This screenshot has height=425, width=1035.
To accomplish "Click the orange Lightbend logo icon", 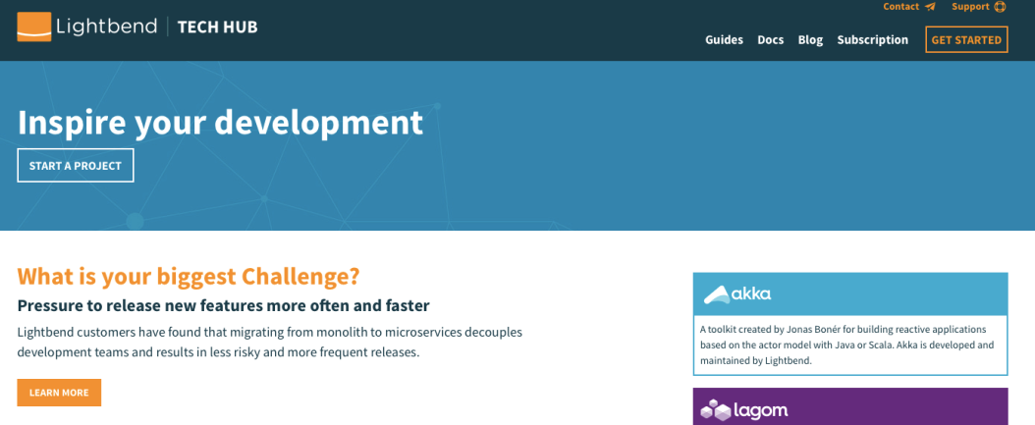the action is (x=34, y=27).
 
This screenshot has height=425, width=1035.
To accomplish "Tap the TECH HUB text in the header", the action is (x=218, y=27).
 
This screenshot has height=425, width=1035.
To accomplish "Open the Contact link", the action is (x=901, y=7).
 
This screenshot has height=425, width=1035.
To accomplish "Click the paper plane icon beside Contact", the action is (x=930, y=7).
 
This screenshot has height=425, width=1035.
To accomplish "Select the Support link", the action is (x=970, y=7).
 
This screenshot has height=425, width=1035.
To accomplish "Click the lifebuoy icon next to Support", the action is (x=1000, y=7).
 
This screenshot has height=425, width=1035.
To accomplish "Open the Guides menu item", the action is (x=724, y=39).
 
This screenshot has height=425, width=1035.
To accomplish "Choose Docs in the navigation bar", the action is (x=770, y=39).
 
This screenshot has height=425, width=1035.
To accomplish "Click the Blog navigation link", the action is (x=810, y=40).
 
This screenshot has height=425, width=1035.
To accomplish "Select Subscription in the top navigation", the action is (x=873, y=40).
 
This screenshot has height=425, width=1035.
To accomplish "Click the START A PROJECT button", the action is (x=76, y=166).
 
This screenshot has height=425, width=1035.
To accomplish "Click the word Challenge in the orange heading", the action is (x=301, y=276).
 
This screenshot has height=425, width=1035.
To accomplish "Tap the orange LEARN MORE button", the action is (x=59, y=393).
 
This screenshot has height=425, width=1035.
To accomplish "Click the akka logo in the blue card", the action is (x=737, y=293).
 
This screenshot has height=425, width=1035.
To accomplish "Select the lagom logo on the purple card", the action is (x=744, y=410).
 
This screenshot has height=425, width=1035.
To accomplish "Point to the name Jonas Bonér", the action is (x=814, y=330).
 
